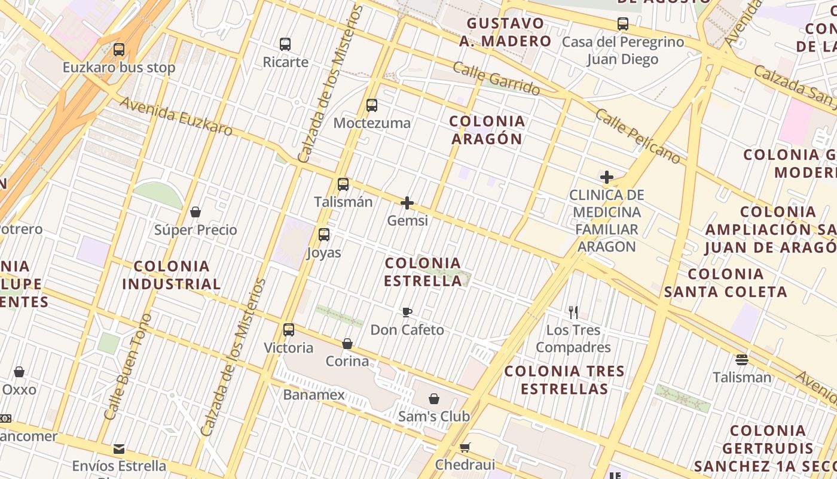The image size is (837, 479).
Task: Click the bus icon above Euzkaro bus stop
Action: [119, 50]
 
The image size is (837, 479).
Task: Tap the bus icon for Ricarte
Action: [285, 44]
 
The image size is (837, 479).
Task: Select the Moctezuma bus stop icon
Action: [372, 105]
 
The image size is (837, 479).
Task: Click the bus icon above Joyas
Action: [324, 235]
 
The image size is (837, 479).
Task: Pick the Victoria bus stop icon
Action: [289, 330]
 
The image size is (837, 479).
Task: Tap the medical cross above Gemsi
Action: [407, 203]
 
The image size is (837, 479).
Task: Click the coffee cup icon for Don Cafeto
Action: [407, 312]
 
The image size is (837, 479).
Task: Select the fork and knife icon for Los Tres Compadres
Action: [573, 312]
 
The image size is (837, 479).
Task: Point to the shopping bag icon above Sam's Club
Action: [434, 398]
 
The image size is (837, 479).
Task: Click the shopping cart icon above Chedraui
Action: [465, 447]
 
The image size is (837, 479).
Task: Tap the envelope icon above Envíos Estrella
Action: [119, 448]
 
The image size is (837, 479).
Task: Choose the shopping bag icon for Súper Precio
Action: [195, 212]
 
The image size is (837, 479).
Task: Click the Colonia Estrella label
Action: [423, 272]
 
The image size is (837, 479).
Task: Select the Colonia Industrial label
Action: [172, 275]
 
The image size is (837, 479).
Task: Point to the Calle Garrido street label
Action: [496, 78]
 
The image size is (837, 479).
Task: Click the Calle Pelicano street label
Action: [638, 137]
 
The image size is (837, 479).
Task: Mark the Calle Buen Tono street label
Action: [128, 366]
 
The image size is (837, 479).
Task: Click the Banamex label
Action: [314, 395]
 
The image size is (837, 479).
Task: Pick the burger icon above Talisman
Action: [742, 360]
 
